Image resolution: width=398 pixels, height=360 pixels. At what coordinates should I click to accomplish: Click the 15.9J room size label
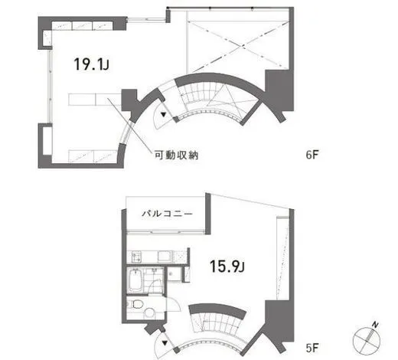pyautogui.click(x=227, y=266)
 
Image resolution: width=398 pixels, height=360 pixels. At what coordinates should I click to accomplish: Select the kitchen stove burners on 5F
pyautogui.click(x=136, y=254)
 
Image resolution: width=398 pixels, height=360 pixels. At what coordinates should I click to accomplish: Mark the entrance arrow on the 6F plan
pyautogui.click(x=162, y=116)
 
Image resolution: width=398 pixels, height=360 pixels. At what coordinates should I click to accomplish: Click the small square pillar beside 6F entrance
pyautogui.click(x=129, y=100)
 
